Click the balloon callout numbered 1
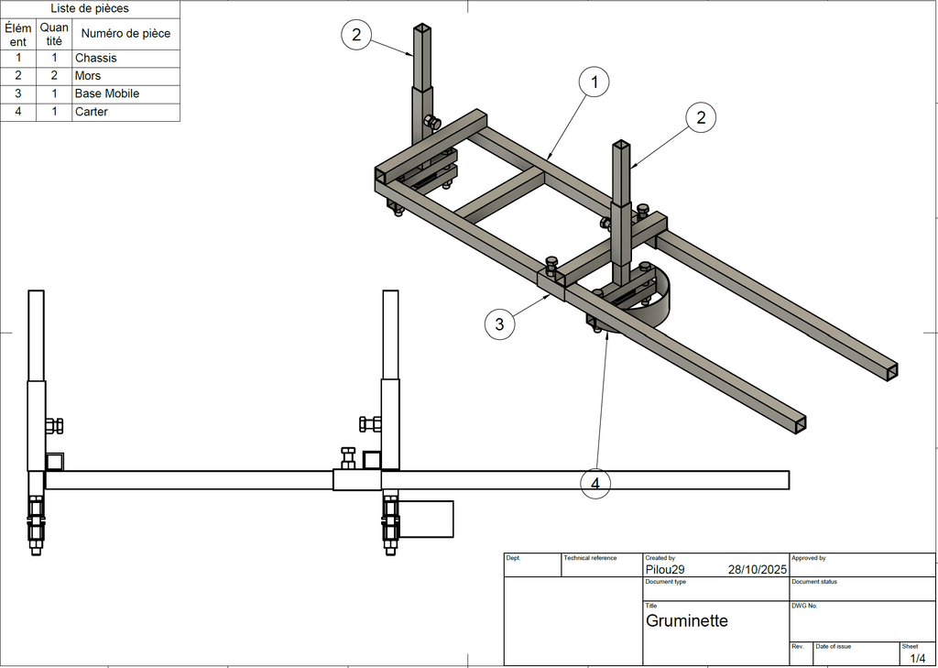(x=594, y=83)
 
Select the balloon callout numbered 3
(x=499, y=323)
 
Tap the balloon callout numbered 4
(x=595, y=482)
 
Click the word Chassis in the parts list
(x=96, y=58)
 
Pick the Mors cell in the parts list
(x=88, y=76)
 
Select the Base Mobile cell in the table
(x=107, y=93)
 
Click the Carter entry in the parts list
(x=92, y=112)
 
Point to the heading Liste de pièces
(x=90, y=9)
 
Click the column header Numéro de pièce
(x=125, y=34)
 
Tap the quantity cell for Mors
(x=54, y=76)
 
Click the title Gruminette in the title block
(x=687, y=621)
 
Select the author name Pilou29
(x=665, y=569)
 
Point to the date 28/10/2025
(x=758, y=569)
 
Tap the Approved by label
(x=809, y=558)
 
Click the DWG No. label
(x=804, y=606)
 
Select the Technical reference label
(x=590, y=558)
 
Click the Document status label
(x=814, y=582)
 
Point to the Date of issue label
(x=833, y=646)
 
